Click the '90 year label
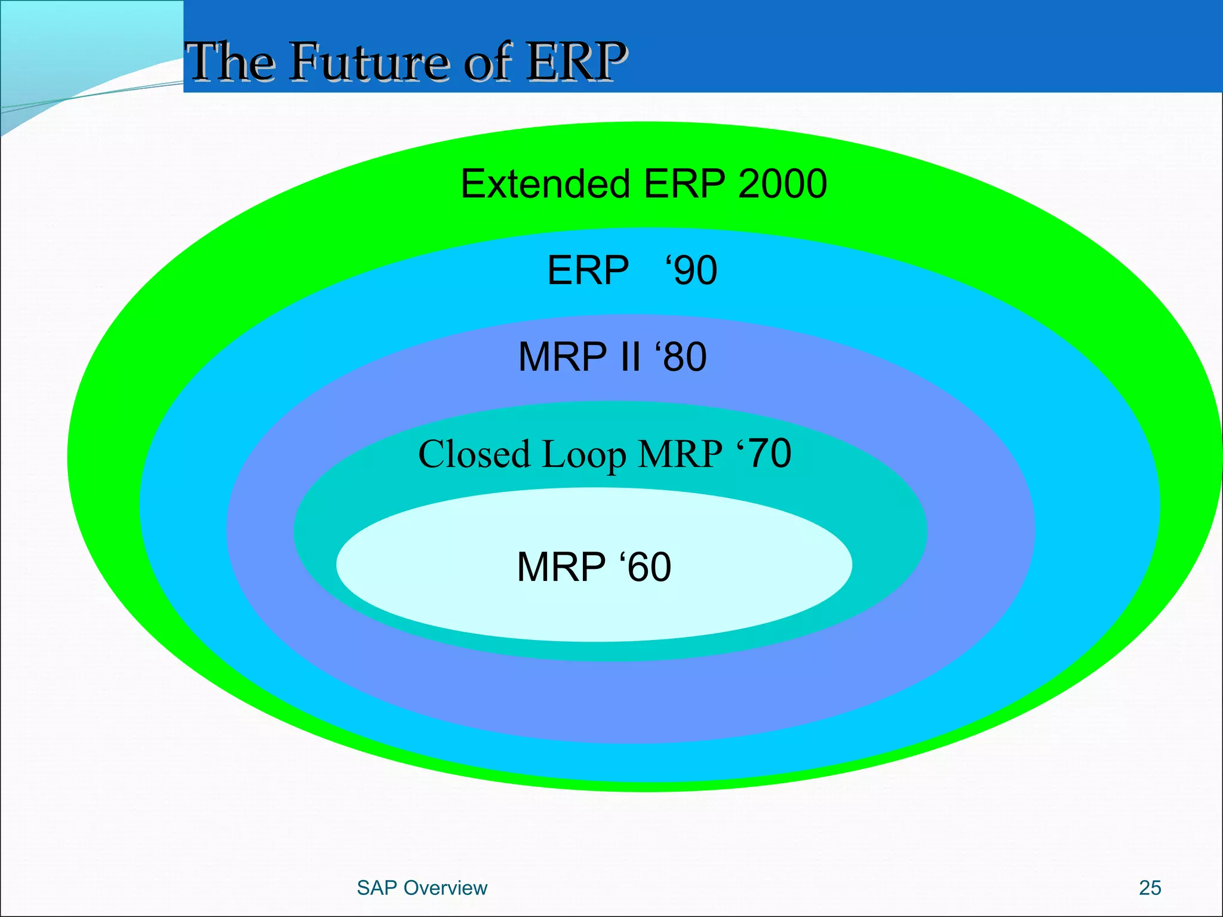point(692,270)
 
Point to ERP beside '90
point(588,270)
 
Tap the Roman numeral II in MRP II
point(629,357)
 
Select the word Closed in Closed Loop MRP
point(474,454)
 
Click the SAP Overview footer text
point(422,888)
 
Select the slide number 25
point(1150,888)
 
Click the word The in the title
point(230,61)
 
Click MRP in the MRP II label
point(562,357)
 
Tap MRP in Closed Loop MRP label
point(680,454)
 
